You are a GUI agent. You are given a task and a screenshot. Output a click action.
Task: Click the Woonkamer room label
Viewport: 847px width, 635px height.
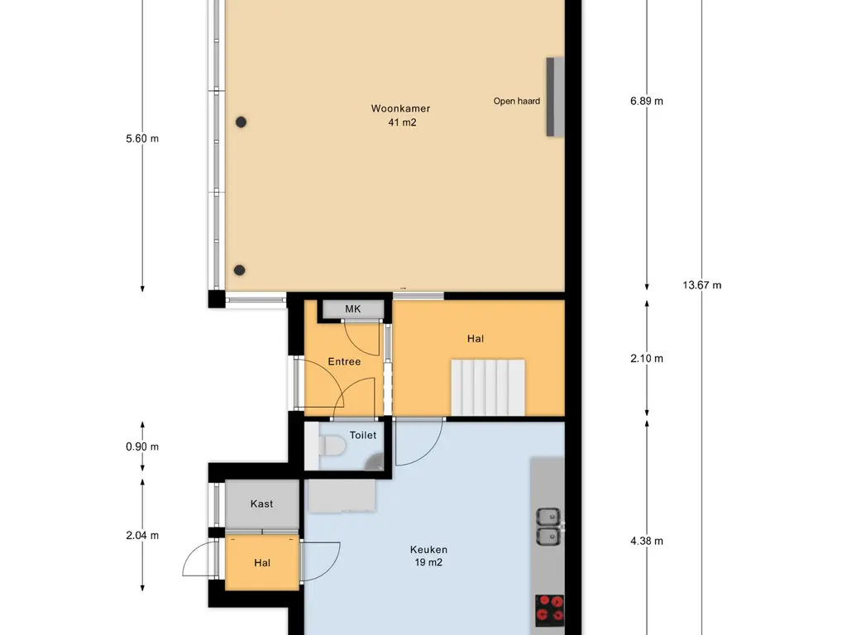pyautogui.click(x=400, y=108)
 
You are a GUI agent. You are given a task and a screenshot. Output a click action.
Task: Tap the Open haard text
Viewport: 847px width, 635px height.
pyautogui.click(x=516, y=101)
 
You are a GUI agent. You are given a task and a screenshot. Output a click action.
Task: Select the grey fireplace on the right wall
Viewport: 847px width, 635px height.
pyautogui.click(x=555, y=97)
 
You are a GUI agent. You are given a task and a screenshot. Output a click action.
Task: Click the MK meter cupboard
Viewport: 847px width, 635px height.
pyautogui.click(x=353, y=309)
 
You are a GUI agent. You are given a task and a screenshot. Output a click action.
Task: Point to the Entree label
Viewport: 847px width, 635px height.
pyautogui.click(x=344, y=362)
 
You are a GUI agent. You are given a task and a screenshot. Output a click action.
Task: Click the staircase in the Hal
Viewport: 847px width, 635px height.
pyautogui.click(x=488, y=388)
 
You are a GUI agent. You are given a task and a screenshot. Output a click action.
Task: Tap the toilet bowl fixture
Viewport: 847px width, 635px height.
pyautogui.click(x=331, y=446)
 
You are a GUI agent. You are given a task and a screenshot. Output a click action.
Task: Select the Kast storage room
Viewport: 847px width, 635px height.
pyautogui.click(x=262, y=504)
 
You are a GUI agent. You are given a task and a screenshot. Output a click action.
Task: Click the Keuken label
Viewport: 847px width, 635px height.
pyautogui.click(x=428, y=550)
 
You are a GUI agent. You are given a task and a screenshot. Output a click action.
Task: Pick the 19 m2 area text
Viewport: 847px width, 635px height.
pyautogui.click(x=428, y=562)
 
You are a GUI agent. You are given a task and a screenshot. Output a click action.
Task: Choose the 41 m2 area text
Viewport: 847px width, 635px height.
pyautogui.click(x=402, y=122)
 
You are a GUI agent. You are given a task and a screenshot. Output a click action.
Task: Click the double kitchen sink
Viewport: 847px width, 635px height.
pyautogui.click(x=548, y=526)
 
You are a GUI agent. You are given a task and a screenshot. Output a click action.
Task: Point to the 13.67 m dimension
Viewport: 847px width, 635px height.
pyautogui.click(x=701, y=285)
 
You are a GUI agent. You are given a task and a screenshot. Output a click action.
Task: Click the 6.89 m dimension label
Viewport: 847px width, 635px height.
pyautogui.click(x=647, y=101)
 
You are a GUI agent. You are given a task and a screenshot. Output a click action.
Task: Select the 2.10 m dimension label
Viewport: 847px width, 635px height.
pyautogui.click(x=647, y=359)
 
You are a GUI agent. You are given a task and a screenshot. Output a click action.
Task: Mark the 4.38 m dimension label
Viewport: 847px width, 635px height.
pyautogui.click(x=647, y=541)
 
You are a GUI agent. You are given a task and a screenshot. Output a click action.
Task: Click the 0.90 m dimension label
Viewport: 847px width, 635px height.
pyautogui.click(x=142, y=446)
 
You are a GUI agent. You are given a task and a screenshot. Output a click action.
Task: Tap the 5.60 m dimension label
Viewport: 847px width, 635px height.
pyautogui.click(x=142, y=139)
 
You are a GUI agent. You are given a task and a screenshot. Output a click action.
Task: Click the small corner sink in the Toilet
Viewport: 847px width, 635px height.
pyautogui.click(x=376, y=461)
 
